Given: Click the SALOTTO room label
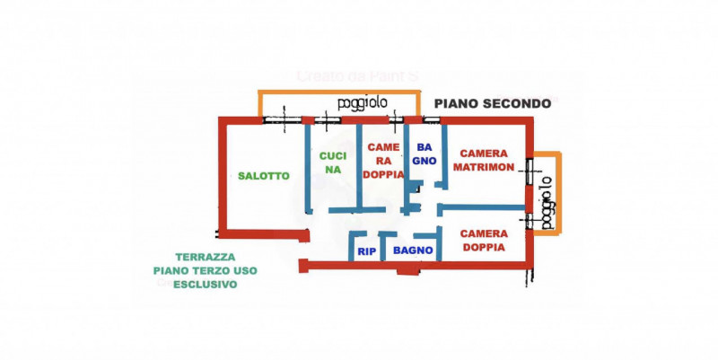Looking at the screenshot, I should coord(264,176).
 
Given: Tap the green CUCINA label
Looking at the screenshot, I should coord(333,162).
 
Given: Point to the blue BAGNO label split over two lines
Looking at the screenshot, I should coord(424,154).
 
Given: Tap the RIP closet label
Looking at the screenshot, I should coord(366,251).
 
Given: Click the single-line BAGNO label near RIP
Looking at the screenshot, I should coord(413,250).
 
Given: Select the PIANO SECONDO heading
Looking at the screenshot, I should coord(493,103).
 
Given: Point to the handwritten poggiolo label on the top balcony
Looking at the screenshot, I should coord(363,103).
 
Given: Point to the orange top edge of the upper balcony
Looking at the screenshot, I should coord(339,91).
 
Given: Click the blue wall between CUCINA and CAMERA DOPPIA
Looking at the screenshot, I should coord(359,166).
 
